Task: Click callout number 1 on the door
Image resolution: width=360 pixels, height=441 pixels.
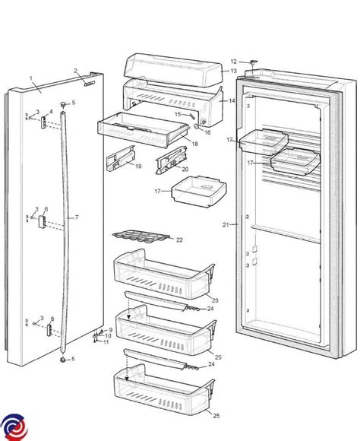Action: pyautogui.click(x=31, y=78)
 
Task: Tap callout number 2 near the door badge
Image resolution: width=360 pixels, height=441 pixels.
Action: pyautogui.click(x=75, y=71)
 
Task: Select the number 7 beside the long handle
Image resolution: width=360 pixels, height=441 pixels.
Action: pyautogui.click(x=77, y=217)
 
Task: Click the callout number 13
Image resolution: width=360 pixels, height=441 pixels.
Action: pyautogui.click(x=233, y=71)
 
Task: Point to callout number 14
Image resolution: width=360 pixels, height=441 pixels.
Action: pyautogui.click(x=232, y=100)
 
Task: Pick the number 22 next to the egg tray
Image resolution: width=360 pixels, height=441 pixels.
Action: pyautogui.click(x=179, y=240)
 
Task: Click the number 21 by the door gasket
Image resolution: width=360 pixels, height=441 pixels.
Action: pyautogui.click(x=226, y=225)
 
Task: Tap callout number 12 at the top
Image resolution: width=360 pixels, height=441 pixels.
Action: pyautogui.click(x=234, y=62)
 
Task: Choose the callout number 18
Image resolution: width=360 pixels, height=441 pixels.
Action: pyautogui.click(x=194, y=144)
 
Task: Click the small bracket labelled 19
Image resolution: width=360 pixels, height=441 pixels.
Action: pyautogui.click(x=121, y=158)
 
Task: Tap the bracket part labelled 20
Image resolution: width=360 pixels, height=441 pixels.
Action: pyautogui.click(x=172, y=160)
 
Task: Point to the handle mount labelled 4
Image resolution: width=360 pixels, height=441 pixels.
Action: pyautogui.click(x=43, y=122)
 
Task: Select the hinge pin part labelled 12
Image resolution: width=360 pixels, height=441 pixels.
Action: pyautogui.click(x=254, y=62)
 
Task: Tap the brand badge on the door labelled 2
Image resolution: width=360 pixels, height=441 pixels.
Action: pyautogui.click(x=90, y=84)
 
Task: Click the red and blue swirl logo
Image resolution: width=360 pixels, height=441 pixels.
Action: pyautogui.click(x=14, y=427)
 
